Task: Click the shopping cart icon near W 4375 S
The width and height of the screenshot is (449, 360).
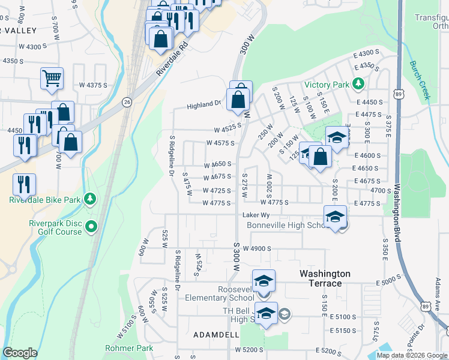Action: (x=52, y=78)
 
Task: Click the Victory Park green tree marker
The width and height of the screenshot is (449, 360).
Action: (x=358, y=83)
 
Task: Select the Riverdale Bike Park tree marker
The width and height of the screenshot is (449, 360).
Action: (x=89, y=198)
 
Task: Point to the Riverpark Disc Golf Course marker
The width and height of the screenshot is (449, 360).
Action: (x=91, y=227)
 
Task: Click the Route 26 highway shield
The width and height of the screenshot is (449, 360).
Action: (x=127, y=102)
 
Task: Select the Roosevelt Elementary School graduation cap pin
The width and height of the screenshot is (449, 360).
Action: (x=264, y=281)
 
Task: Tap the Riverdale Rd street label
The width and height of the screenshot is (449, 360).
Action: (x=172, y=59)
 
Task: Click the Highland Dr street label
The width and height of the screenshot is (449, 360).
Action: (x=203, y=104)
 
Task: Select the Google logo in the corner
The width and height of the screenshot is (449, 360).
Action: (x=20, y=353)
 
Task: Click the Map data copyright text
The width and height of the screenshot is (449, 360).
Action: (x=412, y=355)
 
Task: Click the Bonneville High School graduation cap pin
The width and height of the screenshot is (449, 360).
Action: (x=336, y=217)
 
